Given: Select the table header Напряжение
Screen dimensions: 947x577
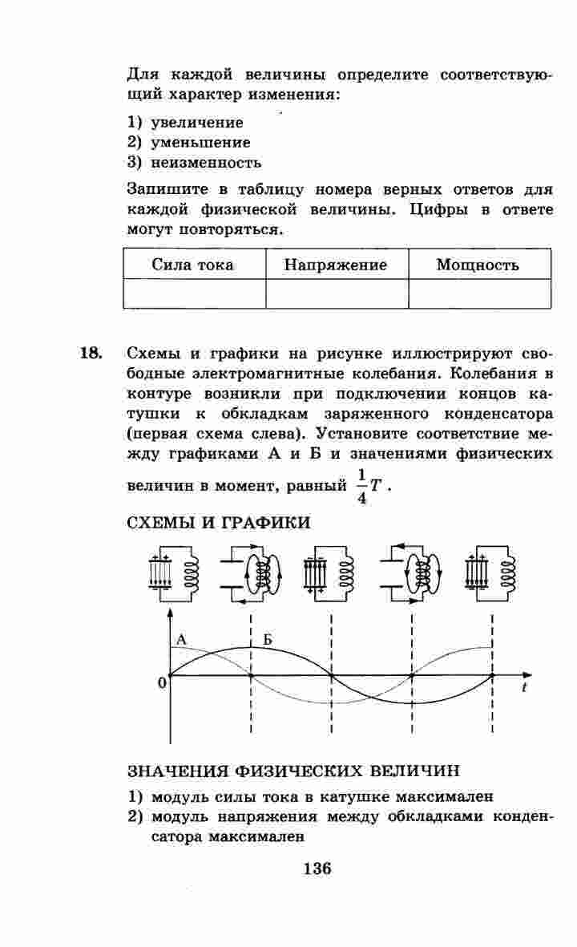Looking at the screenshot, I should (x=336, y=265).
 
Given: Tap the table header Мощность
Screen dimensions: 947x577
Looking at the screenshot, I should (x=478, y=265).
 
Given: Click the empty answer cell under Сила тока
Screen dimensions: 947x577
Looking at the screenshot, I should (x=195, y=293).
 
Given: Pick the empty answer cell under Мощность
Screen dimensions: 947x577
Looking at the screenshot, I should (x=479, y=293).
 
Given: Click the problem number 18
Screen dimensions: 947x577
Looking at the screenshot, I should (x=91, y=354).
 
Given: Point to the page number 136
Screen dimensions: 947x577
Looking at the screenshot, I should (x=317, y=868).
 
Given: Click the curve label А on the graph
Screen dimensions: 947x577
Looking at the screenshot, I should (x=181, y=640).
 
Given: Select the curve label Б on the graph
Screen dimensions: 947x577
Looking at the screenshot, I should (x=268, y=640).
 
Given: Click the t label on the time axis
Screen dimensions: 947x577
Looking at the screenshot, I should (x=524, y=688).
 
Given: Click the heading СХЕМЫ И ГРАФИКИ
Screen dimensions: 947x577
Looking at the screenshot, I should (x=219, y=523).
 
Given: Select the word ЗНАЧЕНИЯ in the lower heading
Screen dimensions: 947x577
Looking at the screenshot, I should (x=178, y=771).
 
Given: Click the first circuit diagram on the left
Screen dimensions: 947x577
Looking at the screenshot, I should (x=173, y=574).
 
